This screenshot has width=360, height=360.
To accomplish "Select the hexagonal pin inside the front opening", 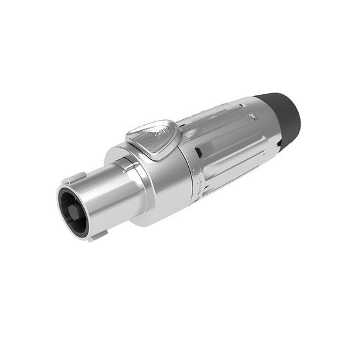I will coord(72,212).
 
